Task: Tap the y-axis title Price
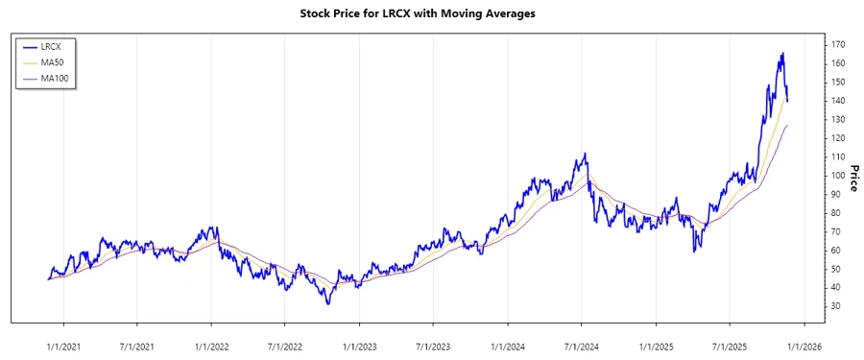(852, 176)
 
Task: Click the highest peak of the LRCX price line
(783, 53)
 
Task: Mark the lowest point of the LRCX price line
(328, 304)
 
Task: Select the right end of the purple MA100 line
(788, 125)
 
